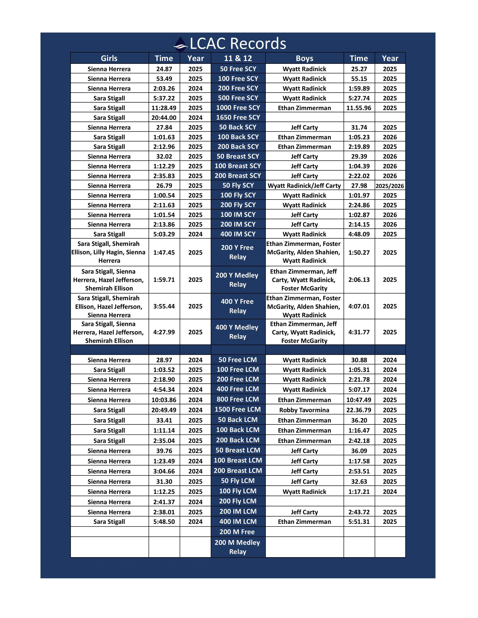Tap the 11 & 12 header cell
point(238,58)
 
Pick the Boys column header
point(304,58)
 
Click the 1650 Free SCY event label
point(238,117)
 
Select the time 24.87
point(164,69)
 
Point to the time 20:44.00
point(164,118)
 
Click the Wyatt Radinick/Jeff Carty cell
point(304,186)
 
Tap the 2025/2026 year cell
point(390,186)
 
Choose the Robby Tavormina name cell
point(304,410)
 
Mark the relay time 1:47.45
point(164,252)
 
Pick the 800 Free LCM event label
point(238,399)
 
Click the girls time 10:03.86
point(164,400)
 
